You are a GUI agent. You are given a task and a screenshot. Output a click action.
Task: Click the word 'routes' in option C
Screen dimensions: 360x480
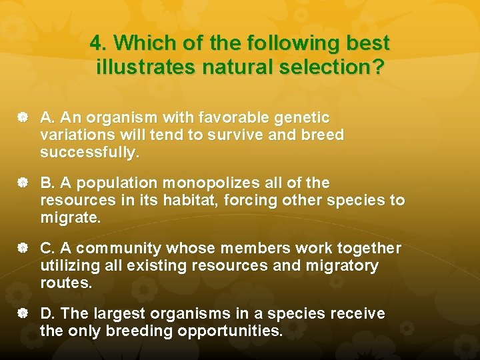coord(64,283)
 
